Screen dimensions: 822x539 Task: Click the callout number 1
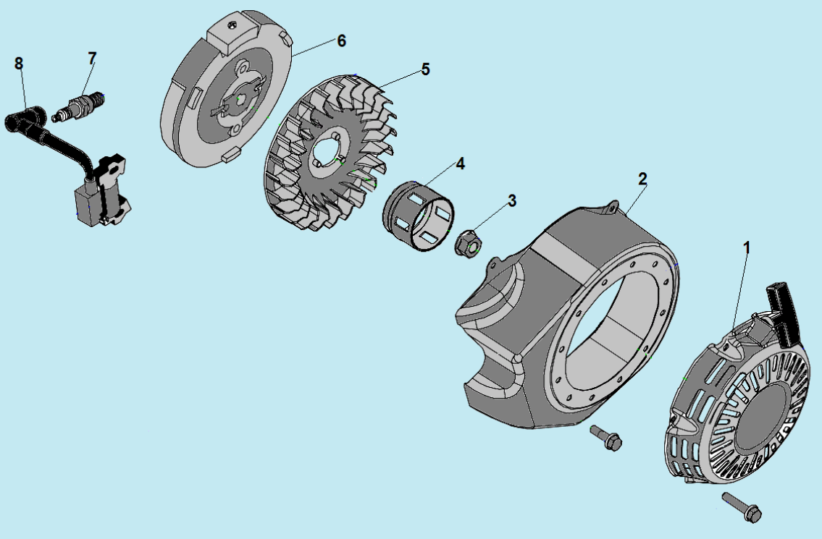(747, 248)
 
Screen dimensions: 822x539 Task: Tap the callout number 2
(642, 179)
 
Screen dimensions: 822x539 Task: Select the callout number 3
(511, 200)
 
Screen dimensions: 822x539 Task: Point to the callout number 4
(460, 164)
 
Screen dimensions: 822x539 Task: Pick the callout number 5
(425, 69)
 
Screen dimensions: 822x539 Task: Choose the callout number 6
(341, 41)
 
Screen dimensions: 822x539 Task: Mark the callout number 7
(92, 59)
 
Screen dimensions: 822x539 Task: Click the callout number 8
(19, 64)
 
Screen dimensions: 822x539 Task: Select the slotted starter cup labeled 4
(419, 216)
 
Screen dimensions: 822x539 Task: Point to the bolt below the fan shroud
(606, 438)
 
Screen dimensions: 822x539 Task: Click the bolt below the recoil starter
(742, 506)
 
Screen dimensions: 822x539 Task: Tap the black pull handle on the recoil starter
(784, 314)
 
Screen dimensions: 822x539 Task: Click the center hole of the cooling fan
(327, 149)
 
